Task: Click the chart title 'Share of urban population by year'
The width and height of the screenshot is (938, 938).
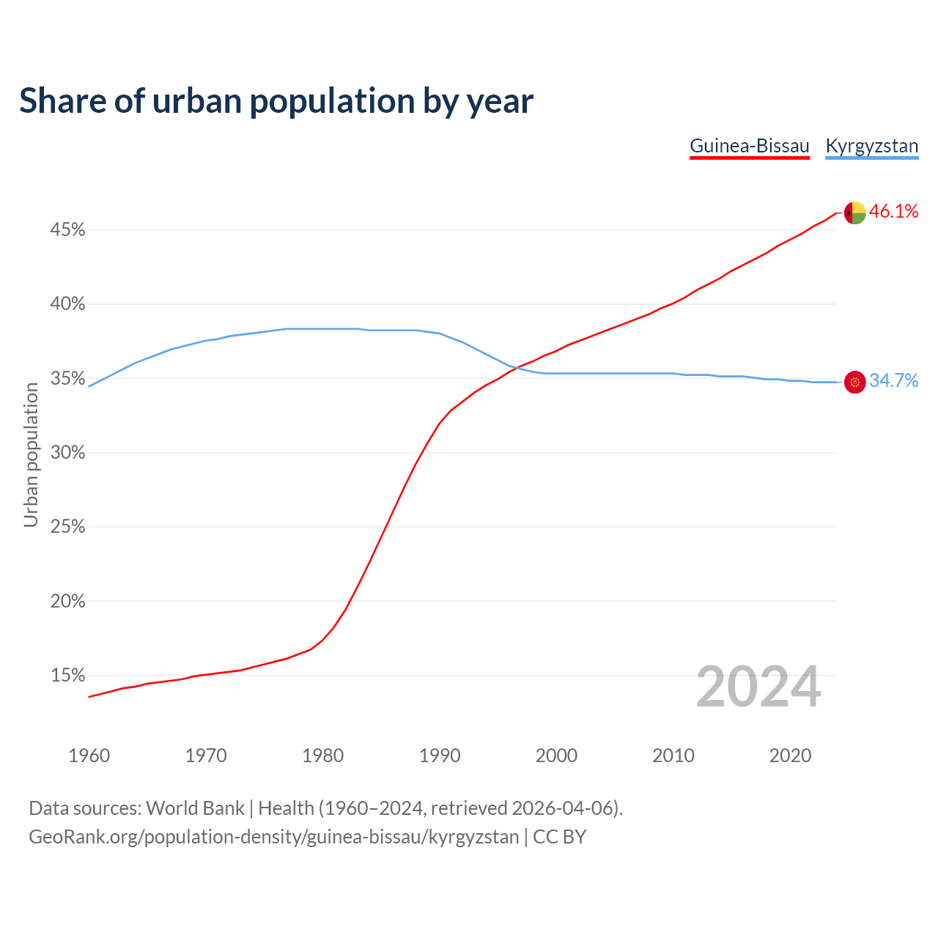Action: click(276, 101)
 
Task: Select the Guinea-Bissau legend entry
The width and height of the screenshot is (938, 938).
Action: click(750, 146)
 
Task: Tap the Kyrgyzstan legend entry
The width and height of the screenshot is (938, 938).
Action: click(871, 146)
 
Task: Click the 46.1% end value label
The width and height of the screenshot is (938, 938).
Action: click(893, 212)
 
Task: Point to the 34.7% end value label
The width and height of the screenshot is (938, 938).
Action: click(893, 380)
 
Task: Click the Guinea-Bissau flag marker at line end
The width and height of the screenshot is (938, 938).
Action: click(854, 213)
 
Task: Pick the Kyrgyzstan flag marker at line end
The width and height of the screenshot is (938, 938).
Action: click(854, 382)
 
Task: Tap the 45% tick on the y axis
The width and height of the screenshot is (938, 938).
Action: click(67, 230)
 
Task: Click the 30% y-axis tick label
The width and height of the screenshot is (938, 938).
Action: click(67, 453)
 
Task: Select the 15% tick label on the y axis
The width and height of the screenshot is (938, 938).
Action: click(67, 675)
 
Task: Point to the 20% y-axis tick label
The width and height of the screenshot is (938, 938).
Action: click(67, 601)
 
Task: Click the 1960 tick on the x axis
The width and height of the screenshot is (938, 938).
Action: click(89, 756)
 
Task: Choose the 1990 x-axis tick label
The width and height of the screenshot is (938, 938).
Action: click(440, 756)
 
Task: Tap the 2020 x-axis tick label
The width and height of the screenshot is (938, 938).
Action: click(790, 756)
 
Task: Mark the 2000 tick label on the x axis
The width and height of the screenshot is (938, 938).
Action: click(556, 756)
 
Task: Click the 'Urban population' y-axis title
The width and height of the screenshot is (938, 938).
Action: click(31, 454)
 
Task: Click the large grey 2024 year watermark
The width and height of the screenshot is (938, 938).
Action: click(758, 687)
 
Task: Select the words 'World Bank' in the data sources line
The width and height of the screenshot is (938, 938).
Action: click(195, 808)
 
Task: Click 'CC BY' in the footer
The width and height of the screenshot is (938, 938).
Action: click(559, 837)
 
